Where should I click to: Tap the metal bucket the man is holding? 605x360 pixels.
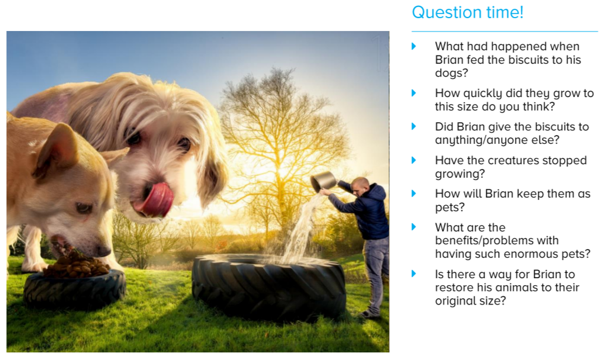tap(323, 181)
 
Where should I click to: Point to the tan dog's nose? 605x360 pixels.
tap(103, 250)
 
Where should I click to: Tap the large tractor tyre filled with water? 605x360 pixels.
tap(269, 286)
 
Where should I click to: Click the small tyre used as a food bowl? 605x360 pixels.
tap(74, 290)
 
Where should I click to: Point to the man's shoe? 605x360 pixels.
tap(369, 314)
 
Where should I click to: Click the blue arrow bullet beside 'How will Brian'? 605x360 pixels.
tap(414, 193)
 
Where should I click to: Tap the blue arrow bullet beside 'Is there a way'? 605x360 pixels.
tap(414, 274)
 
